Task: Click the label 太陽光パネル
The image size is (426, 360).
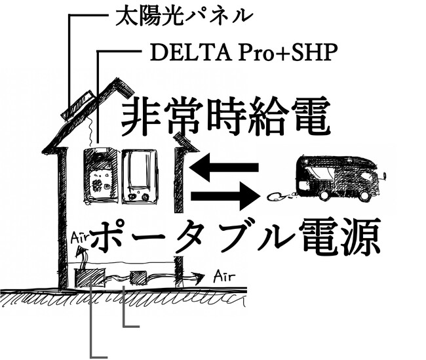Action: [184, 14]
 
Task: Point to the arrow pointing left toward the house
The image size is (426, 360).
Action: [223, 169]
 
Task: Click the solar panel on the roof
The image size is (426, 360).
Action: [79, 105]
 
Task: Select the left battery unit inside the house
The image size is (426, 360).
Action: [101, 175]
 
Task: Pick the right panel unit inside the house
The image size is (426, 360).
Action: [139, 176]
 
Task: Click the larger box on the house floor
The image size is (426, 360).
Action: [87, 277]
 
